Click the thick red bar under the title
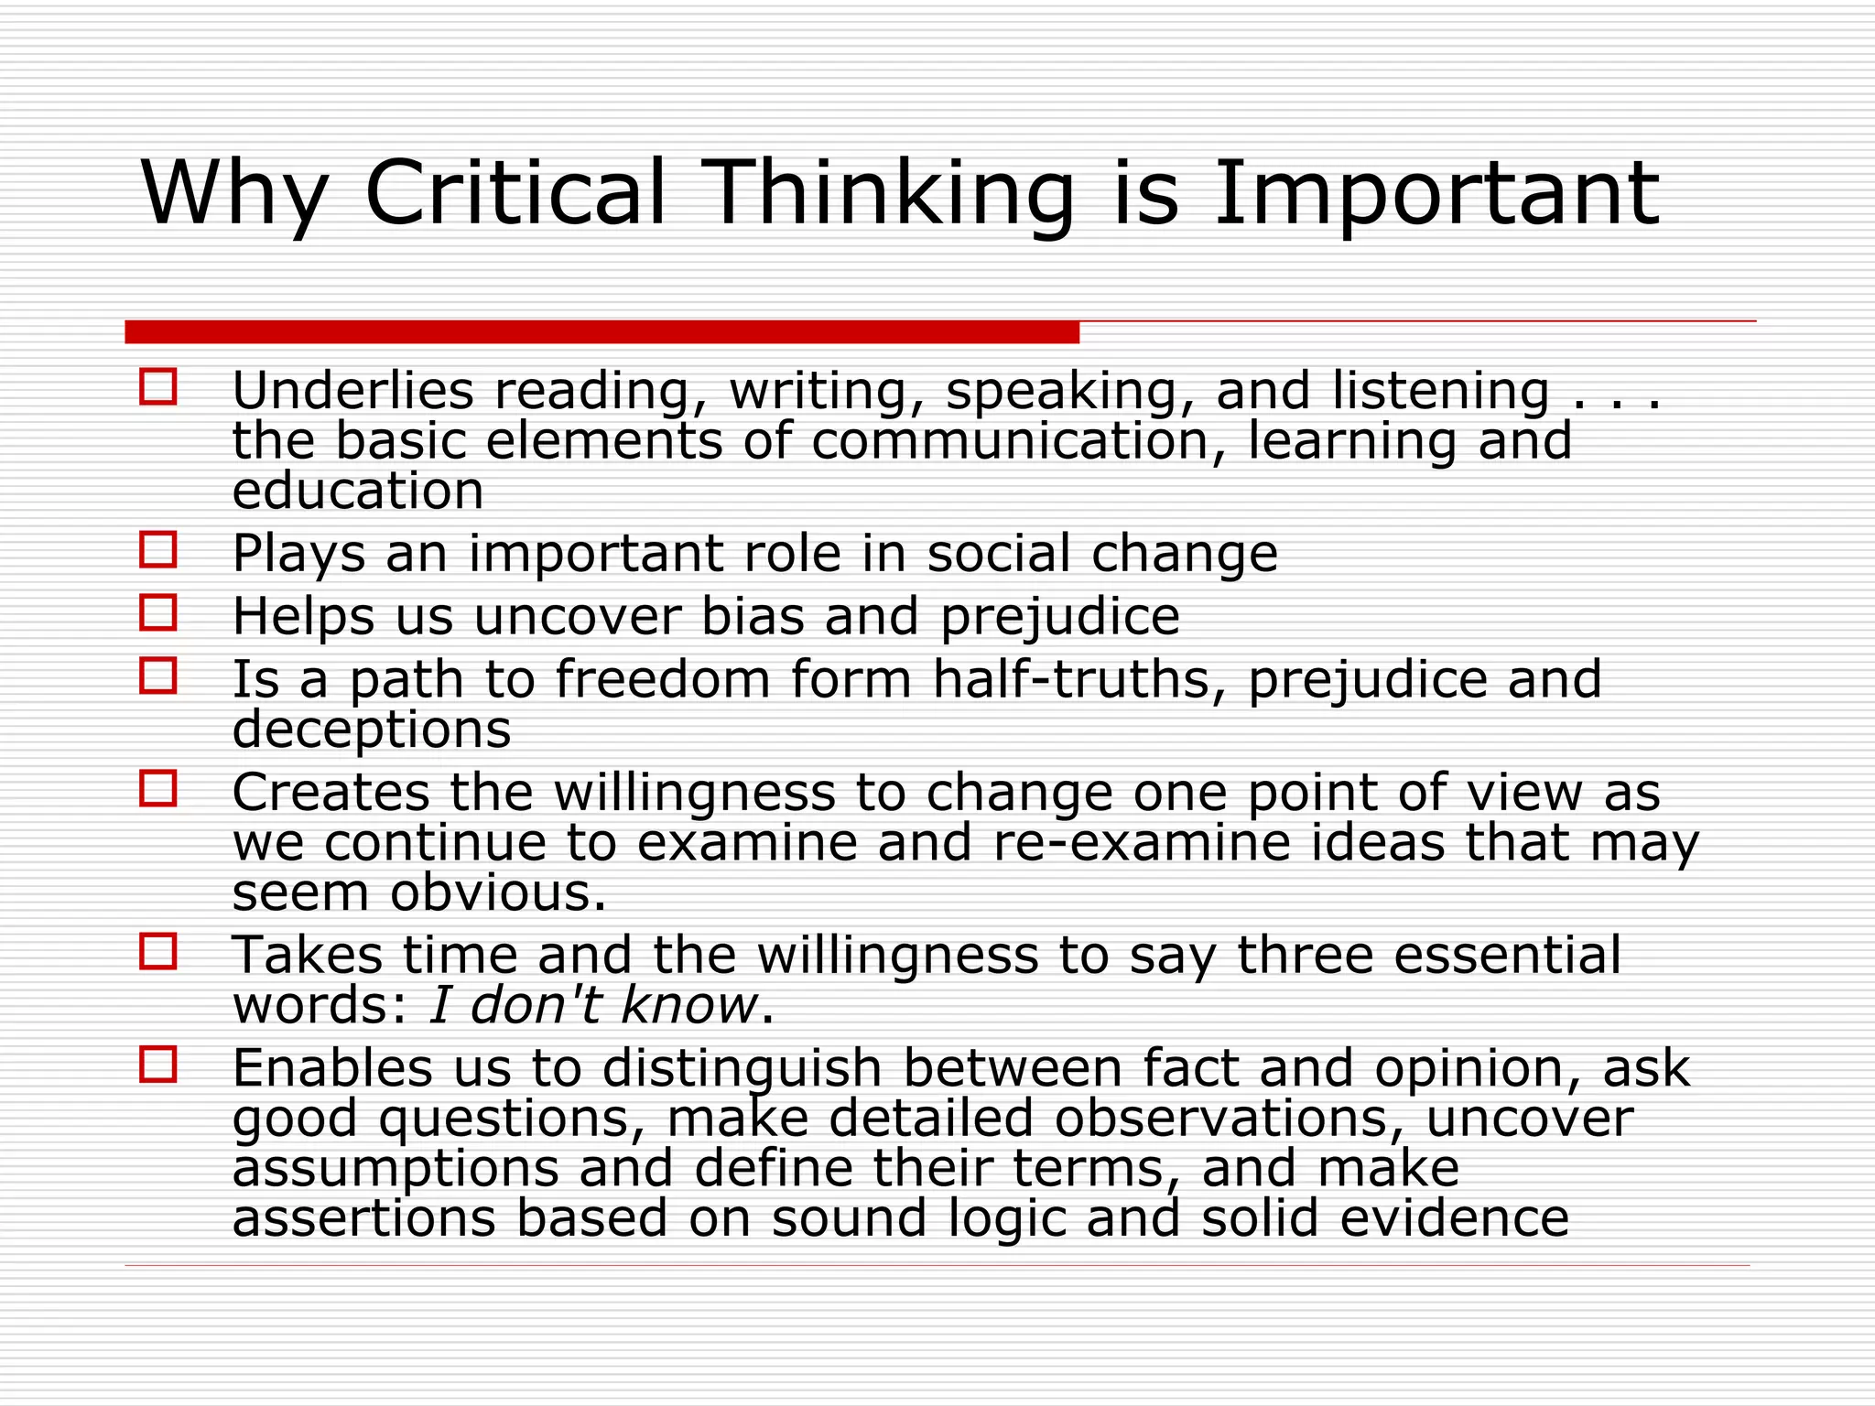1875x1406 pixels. (x=602, y=332)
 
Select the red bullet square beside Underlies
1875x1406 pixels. (x=158, y=386)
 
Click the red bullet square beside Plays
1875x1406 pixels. (x=158, y=550)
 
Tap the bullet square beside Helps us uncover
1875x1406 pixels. (x=158, y=612)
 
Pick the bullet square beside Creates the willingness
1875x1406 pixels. (x=158, y=788)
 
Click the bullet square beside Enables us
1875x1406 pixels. (x=158, y=1065)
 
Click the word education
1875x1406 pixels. (x=358, y=491)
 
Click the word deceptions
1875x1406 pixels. (x=372, y=730)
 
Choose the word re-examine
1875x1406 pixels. (x=1141, y=842)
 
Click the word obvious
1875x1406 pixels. (x=498, y=892)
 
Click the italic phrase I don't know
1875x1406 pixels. (x=593, y=1005)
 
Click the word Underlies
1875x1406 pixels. (x=352, y=391)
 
